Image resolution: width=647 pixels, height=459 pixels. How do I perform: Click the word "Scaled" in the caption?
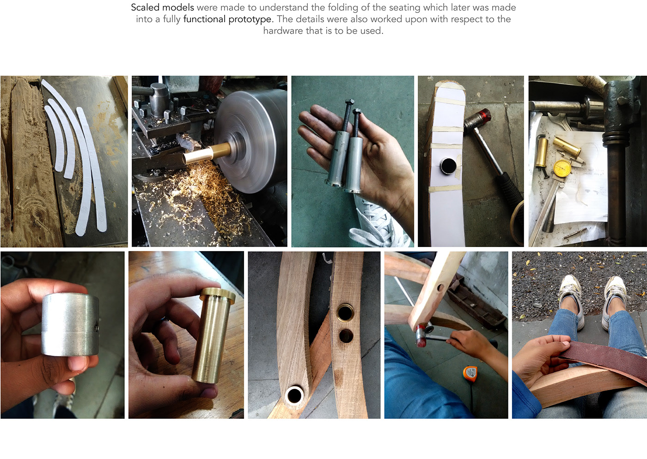click(x=146, y=7)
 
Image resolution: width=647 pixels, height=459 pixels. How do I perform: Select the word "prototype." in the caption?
click(x=250, y=19)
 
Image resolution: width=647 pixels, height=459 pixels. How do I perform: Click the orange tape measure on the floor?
click(x=470, y=374)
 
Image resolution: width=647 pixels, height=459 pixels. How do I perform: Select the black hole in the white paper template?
click(x=448, y=166)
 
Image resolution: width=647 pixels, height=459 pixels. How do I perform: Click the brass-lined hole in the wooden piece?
click(x=345, y=312)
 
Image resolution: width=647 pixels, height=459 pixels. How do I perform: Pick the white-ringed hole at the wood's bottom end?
click(x=295, y=395)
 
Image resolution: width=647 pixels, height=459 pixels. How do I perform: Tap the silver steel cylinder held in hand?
click(x=70, y=324)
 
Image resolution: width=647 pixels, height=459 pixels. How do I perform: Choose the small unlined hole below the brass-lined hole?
click(x=346, y=335)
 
